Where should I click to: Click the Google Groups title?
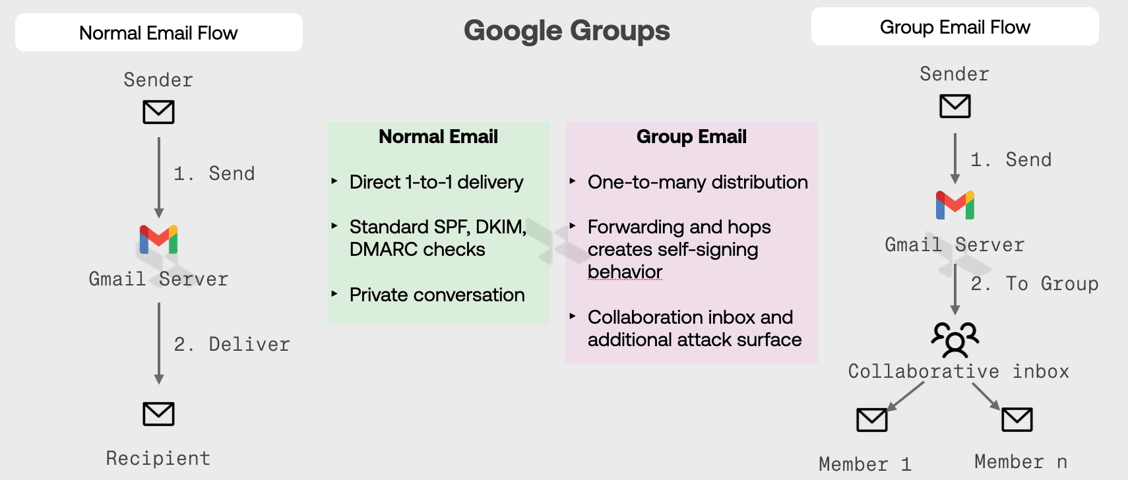(567, 31)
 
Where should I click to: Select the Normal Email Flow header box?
(158, 32)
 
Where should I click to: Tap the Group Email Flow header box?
(955, 27)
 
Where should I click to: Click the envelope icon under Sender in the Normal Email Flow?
(158, 112)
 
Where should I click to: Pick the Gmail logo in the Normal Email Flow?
(158, 239)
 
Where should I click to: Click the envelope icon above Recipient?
(158, 414)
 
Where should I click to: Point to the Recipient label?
(158, 458)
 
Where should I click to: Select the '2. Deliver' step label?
(232, 344)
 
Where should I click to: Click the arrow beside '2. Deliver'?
(158, 343)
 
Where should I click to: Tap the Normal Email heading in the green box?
(438, 136)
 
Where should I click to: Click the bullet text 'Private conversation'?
(437, 295)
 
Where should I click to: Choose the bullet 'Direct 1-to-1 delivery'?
(436, 182)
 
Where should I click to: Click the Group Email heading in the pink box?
(691, 136)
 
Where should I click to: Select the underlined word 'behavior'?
(625, 272)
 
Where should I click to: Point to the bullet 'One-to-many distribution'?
(697, 182)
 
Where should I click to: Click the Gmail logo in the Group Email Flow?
(955, 205)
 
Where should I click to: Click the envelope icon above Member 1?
(871, 419)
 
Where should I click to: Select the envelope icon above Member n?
(1017, 419)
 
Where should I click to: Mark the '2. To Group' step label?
(1034, 284)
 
